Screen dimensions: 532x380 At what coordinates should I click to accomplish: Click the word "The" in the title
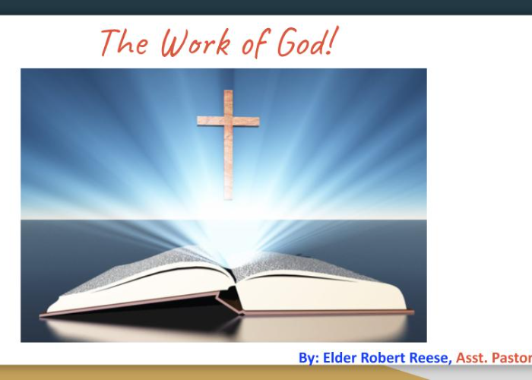[x=124, y=43]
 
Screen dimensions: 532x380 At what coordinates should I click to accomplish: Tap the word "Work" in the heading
[x=196, y=43]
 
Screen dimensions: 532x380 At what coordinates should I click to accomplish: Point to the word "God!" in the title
[x=308, y=41]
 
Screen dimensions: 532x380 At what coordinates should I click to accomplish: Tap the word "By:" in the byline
[x=309, y=358]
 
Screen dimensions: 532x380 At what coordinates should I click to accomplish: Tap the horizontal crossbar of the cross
[x=228, y=121]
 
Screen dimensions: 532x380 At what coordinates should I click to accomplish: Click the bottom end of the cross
[x=228, y=199]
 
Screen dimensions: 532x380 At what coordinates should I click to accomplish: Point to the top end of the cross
[x=228, y=91]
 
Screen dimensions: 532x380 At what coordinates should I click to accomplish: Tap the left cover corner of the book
[x=41, y=315]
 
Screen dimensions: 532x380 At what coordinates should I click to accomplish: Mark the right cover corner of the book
[x=413, y=312]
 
